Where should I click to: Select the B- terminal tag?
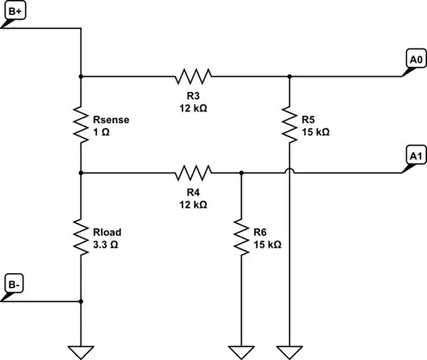[15, 284]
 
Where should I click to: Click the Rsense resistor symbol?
[81, 124]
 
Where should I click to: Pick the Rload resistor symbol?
[81, 237]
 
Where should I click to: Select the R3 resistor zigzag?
[193, 77]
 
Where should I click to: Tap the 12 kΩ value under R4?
[193, 203]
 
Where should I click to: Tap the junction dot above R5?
[289, 77]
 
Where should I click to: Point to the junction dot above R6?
[241, 172]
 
